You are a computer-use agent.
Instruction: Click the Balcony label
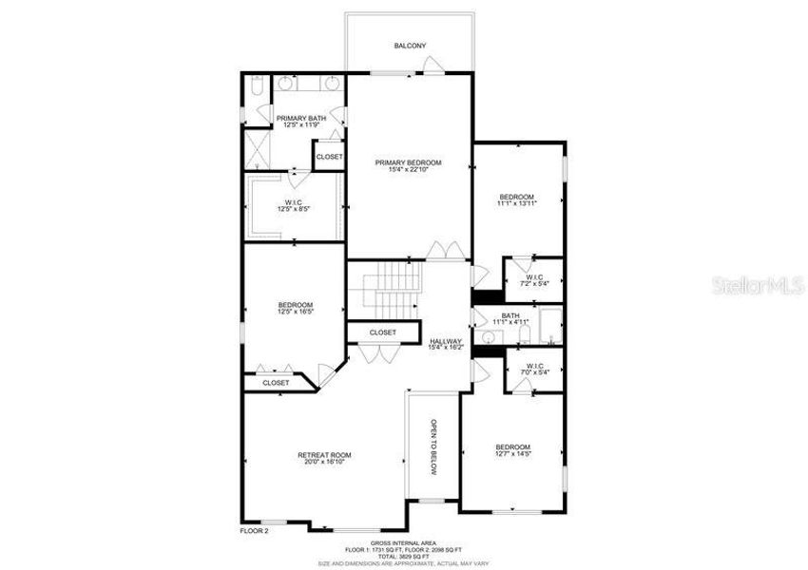pyautogui.click(x=410, y=46)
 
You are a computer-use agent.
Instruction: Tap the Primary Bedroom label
pyautogui.click(x=409, y=162)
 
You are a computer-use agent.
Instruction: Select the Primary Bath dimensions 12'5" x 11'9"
pyautogui.click(x=301, y=124)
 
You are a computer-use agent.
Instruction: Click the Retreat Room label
pyautogui.click(x=324, y=455)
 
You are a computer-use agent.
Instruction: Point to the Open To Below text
pyautogui.click(x=433, y=446)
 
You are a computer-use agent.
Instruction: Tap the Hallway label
pyautogui.click(x=446, y=341)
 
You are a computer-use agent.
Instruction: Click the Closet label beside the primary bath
pyautogui.click(x=329, y=157)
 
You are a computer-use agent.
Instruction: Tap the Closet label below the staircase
pyautogui.click(x=382, y=332)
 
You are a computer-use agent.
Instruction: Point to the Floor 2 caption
pyautogui.click(x=255, y=530)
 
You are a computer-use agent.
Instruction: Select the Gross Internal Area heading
pyautogui.click(x=404, y=543)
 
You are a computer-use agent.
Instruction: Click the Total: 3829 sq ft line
pyautogui.click(x=404, y=556)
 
